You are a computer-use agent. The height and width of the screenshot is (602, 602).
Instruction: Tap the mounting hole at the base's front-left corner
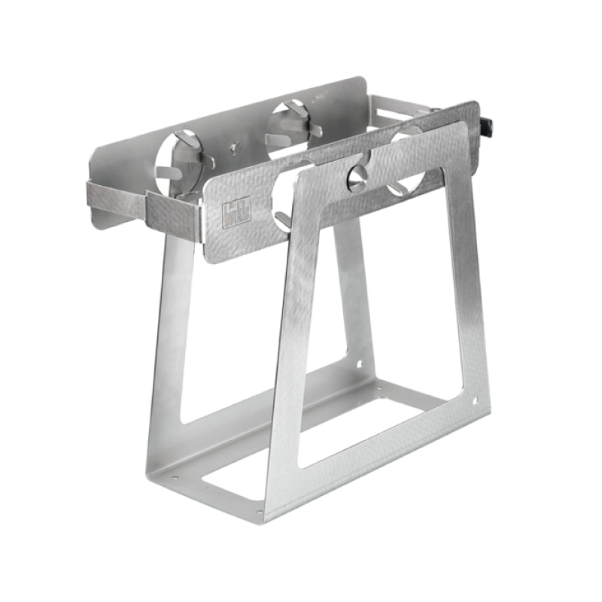coord(178,475)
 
